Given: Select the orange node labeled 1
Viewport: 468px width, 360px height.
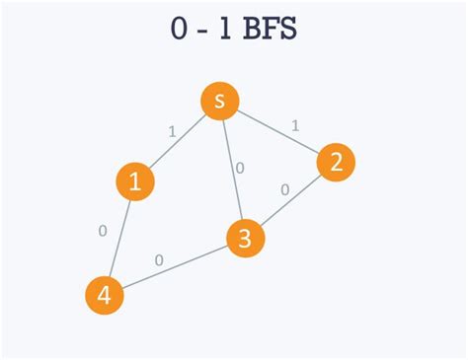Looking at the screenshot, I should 136,181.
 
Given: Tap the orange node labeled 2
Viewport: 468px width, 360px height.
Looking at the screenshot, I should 336,163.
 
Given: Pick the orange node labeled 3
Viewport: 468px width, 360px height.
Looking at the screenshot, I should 246,239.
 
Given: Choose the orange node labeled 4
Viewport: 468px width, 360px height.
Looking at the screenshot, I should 105,295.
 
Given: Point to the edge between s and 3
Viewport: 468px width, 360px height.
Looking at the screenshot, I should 233,168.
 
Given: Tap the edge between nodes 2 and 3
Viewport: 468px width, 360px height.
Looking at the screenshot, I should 291,200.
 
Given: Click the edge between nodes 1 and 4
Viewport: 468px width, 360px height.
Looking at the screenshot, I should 120,238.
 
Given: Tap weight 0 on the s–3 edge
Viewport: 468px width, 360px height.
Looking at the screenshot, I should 240,167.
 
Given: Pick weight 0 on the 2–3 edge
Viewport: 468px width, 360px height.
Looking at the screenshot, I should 284,188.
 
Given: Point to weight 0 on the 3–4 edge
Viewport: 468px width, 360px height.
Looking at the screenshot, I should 159,261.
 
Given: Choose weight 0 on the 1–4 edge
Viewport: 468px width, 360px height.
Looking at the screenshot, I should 103,232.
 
